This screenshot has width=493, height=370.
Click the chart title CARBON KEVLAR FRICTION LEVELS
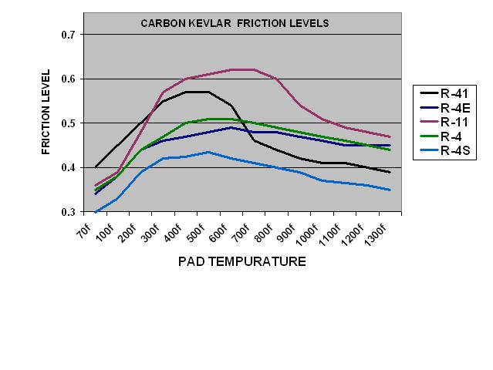click(235, 23)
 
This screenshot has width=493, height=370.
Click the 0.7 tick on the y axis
click(68, 35)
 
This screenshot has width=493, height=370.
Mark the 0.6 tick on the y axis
click(68, 79)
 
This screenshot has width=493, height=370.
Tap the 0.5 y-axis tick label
click(68, 123)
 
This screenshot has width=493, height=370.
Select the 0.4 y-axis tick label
click(68, 168)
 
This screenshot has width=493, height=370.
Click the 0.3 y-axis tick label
click(68, 212)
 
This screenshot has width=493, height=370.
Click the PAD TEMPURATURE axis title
click(241, 261)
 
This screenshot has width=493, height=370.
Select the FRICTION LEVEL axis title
click(46, 113)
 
